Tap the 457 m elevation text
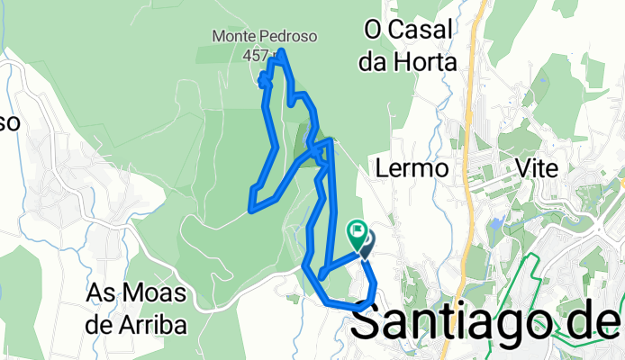(256, 55)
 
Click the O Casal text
(407, 30)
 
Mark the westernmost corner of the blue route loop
(249, 210)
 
